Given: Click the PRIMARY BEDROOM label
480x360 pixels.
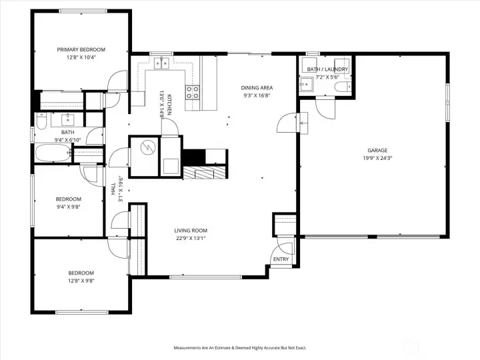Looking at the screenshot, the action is click(x=81, y=49).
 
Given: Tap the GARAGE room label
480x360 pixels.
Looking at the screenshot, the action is click(x=377, y=150).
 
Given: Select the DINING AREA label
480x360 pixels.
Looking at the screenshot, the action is click(x=257, y=88).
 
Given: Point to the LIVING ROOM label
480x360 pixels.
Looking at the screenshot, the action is click(x=191, y=231).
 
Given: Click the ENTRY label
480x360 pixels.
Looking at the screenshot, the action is click(x=281, y=259).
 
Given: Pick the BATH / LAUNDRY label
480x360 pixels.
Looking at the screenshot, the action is click(x=327, y=69).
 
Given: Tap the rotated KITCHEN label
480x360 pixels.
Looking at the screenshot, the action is click(x=169, y=104).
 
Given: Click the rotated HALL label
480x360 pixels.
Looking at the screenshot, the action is click(x=113, y=189).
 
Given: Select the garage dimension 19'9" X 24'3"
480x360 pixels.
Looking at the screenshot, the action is click(x=377, y=158).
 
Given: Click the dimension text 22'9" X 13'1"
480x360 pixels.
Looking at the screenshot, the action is click(x=191, y=239).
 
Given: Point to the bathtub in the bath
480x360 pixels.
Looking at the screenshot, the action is click(x=53, y=153).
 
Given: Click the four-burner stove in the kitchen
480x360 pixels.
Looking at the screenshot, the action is click(x=193, y=93).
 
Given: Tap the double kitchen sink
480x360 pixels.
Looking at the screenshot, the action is click(x=161, y=63).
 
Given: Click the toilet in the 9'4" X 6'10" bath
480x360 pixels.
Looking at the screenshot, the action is click(x=41, y=121).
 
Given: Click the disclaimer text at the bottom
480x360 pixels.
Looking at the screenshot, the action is click(x=240, y=348).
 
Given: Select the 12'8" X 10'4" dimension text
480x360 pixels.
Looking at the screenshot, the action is click(x=81, y=57).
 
